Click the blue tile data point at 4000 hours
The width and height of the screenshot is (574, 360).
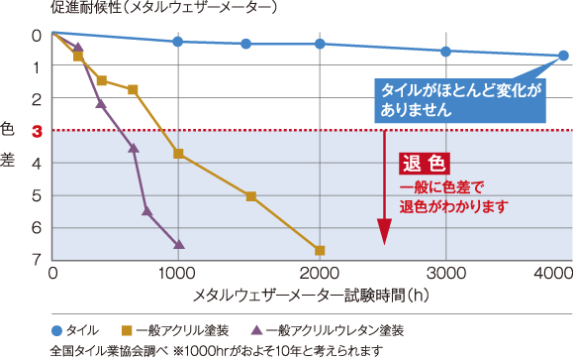[x=562, y=57]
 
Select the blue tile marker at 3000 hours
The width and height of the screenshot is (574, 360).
[x=445, y=52]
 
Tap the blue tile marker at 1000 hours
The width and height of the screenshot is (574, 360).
[x=178, y=42]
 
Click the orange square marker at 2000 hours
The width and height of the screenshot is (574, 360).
[x=320, y=250]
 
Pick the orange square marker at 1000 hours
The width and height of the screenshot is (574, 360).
[x=178, y=154]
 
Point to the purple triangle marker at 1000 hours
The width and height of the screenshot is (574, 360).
[x=178, y=244]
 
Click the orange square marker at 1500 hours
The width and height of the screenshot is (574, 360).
[x=250, y=196]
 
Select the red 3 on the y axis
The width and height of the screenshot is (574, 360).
[x=36, y=131]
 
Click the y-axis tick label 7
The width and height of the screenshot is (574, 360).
[x=36, y=260]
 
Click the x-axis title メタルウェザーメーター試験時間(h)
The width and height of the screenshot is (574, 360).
[x=309, y=296]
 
